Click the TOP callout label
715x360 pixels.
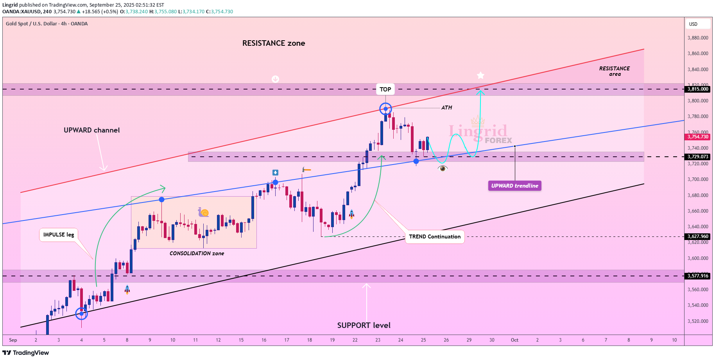tap(385, 89)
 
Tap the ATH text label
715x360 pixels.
tap(446, 107)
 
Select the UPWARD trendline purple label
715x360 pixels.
tap(514, 186)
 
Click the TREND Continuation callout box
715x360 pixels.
tap(435, 236)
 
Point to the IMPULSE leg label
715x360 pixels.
tap(59, 235)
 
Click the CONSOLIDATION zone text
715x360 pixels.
tap(197, 253)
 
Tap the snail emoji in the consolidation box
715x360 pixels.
tap(203, 212)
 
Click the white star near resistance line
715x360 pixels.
tap(480, 75)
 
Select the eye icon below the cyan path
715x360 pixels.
tap(443, 168)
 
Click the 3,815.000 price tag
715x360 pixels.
tap(698, 89)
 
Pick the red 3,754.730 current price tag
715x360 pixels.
tap(698, 137)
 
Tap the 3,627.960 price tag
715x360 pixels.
tap(698, 236)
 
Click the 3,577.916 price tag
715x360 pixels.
tap(698, 276)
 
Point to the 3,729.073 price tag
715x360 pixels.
tap(698, 157)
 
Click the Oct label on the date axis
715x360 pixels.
tap(514, 340)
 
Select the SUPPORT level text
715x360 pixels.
tap(364, 325)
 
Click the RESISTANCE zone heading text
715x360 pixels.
tap(274, 43)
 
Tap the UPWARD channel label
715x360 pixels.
tap(91, 130)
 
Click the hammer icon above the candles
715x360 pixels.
tap(306, 170)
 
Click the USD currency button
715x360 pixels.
tap(697, 24)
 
